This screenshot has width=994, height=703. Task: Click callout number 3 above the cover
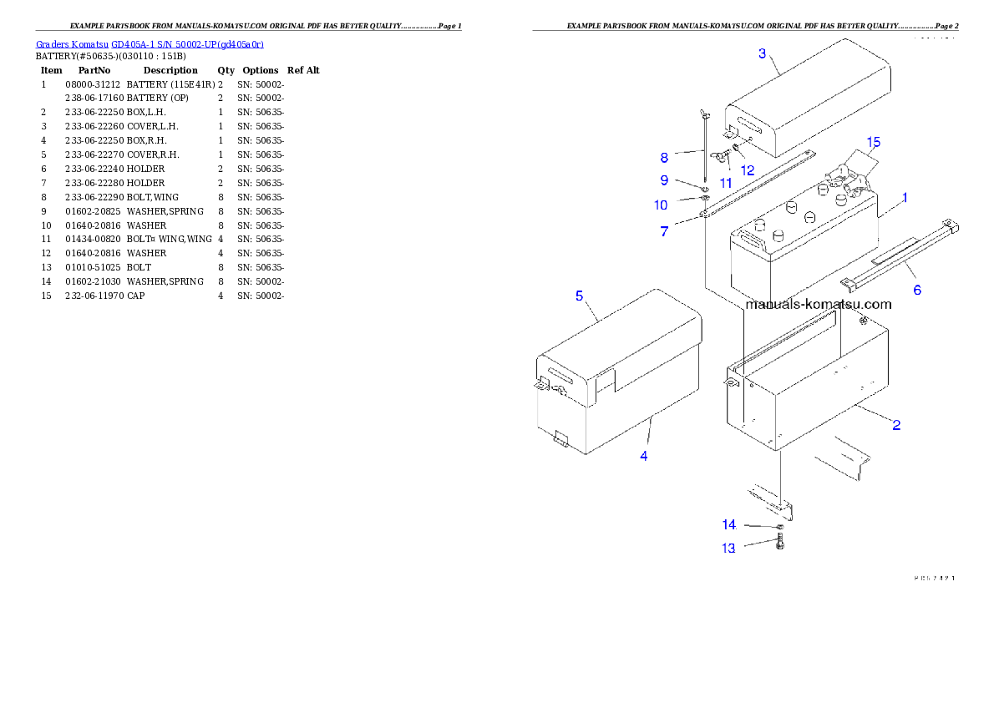pos(762,53)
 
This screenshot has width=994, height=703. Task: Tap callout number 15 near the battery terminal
pos(873,141)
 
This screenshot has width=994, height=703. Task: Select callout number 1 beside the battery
pos(905,198)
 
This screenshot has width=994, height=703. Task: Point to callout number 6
pos(916,290)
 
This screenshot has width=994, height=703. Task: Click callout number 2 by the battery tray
pos(896,425)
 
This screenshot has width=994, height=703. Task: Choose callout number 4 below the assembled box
pos(643,456)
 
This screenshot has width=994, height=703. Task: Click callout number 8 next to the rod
pos(664,157)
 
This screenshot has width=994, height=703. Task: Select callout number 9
pos(664,180)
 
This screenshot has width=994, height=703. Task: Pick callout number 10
pos(661,205)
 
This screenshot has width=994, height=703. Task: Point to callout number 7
pos(664,231)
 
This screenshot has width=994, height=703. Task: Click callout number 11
pos(726,182)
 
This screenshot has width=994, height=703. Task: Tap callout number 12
pos(747,169)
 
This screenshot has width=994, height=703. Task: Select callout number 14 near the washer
pos(729,524)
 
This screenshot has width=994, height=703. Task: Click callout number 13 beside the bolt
pos(729,549)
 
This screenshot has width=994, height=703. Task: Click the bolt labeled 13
pos(780,544)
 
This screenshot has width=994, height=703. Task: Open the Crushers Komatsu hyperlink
pos(150,44)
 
